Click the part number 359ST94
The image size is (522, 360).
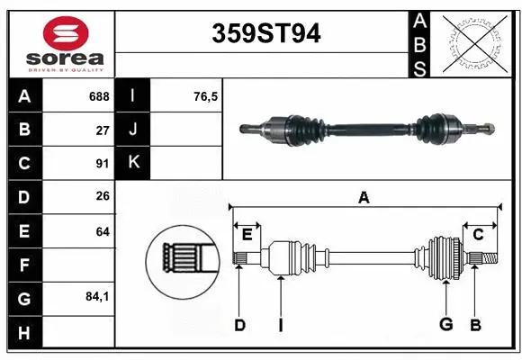pos(265,33)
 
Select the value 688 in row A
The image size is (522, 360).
pos(98,96)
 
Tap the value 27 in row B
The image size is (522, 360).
pos(102,130)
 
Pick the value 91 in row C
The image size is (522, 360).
pos(102,164)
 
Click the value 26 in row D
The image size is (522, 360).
pos(102,197)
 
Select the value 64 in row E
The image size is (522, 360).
pos(102,231)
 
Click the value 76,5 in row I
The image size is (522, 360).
pos(206,96)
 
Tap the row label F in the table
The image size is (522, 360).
pos(24,265)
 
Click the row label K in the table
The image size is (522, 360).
pos(133,163)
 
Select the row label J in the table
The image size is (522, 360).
pos(133,130)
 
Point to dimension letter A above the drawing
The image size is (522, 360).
pos(364,197)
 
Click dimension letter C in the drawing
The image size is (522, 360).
pos(479,235)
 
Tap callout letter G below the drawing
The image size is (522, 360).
pos(445,325)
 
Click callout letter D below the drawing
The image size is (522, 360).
pos(239,325)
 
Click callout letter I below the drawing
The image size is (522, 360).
pos(280,325)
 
